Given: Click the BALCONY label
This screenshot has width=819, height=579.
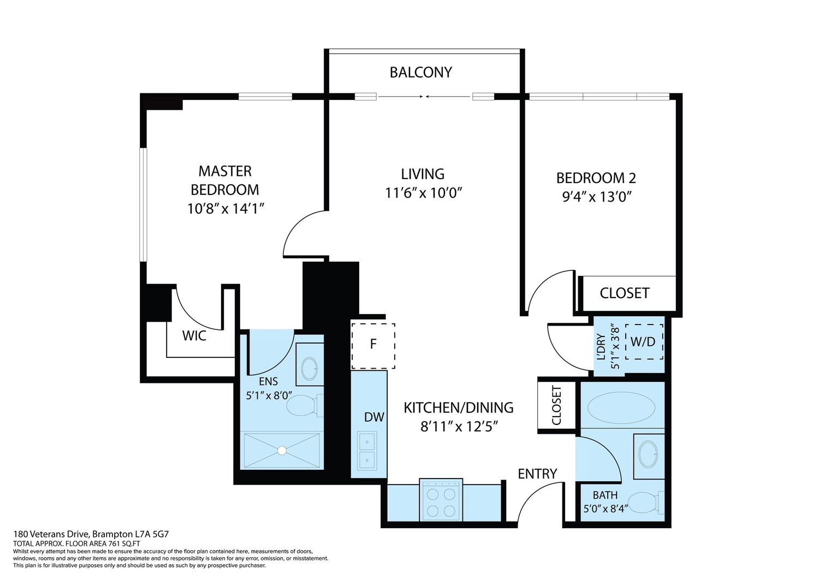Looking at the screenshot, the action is (420, 73).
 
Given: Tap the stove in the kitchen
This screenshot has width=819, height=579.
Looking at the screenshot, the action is (441, 500).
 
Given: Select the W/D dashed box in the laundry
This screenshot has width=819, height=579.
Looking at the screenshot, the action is (644, 341).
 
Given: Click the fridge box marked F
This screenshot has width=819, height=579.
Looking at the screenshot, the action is (373, 346).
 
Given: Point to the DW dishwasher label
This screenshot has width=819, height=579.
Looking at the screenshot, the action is (374, 417).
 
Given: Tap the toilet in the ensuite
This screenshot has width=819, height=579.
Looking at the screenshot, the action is (305, 406).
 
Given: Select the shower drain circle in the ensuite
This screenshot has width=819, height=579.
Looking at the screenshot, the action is (282, 451).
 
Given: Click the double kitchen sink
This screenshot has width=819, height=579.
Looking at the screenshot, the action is (367, 451).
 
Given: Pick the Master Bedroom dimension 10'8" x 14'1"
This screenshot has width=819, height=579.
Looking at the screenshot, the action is (225, 209).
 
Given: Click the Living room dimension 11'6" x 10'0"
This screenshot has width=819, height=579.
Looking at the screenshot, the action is (424, 193).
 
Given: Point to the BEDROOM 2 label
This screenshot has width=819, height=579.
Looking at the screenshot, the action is (596, 178).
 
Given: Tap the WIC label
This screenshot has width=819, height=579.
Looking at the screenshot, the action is (194, 336).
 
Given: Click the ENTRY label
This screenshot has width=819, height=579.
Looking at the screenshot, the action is (537, 474).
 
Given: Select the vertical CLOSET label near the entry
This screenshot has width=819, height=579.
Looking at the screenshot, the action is (556, 405).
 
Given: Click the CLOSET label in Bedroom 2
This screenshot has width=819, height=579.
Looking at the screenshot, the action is (625, 293).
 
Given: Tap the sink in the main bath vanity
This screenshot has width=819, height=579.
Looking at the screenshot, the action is (648, 454).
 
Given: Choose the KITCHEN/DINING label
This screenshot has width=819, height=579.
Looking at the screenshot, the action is (459, 407).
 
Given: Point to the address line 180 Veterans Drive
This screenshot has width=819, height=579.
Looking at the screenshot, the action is (91, 534).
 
